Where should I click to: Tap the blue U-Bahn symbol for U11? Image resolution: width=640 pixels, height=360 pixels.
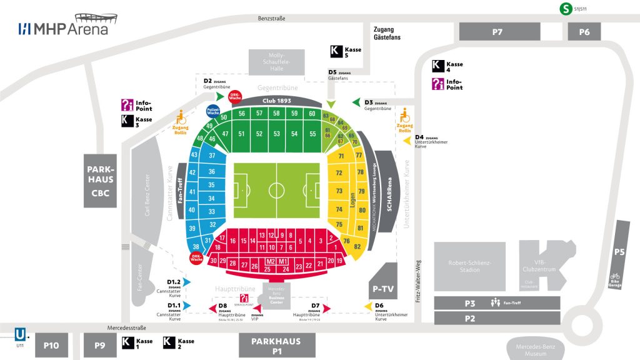click(21, 334)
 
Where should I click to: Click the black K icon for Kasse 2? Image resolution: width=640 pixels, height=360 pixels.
click(169, 342)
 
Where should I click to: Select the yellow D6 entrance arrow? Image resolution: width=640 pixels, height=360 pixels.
click(369, 306)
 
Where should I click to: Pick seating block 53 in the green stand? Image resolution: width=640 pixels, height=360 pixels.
click(276, 134)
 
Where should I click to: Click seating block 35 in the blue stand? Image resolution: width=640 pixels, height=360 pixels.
click(211, 185)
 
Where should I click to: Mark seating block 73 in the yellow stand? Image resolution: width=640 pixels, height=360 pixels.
click(339, 191)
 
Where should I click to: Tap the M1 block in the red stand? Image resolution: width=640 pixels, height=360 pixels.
click(283, 261)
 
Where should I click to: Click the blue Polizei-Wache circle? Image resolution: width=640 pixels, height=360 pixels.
click(213, 111)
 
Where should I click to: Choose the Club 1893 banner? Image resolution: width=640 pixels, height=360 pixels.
click(277, 101)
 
